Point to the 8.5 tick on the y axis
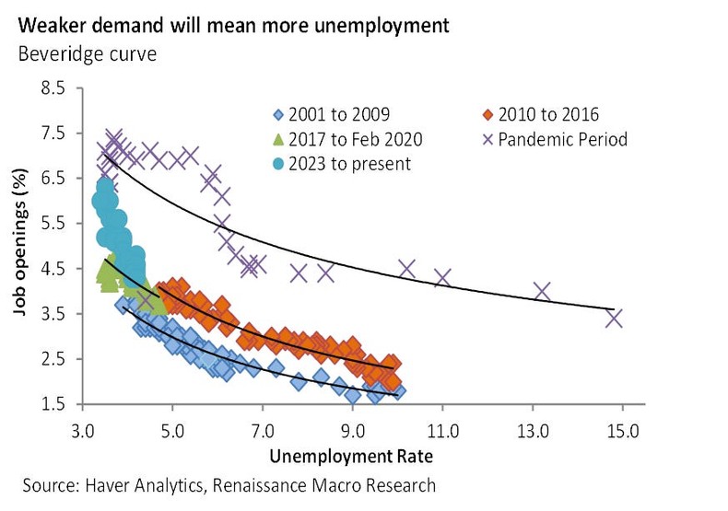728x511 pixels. [53, 88]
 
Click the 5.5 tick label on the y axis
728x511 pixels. [53, 224]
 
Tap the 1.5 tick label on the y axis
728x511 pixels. [53, 404]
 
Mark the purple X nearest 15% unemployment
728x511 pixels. [614, 319]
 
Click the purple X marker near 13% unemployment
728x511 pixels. [543, 291]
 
